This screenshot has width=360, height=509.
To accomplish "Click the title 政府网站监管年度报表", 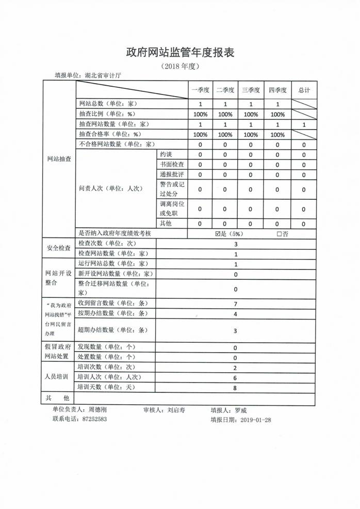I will [x=180, y=52].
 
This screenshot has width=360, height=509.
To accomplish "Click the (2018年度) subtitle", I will [x=180, y=67].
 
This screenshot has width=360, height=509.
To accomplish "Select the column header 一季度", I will [x=200, y=90].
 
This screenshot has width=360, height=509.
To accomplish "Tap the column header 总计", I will [x=304, y=90].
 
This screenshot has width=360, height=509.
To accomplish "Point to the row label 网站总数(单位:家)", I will [x=107, y=104].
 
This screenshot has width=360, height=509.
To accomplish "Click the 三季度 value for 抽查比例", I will [x=251, y=114].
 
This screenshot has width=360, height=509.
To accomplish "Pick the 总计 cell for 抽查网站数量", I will [x=304, y=124].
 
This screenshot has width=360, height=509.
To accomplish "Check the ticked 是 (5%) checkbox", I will [x=218, y=233].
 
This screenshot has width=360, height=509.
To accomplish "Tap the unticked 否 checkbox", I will [x=279, y=233].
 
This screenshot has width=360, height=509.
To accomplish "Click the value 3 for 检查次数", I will [x=235, y=244].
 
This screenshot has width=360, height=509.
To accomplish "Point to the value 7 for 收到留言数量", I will [x=235, y=304].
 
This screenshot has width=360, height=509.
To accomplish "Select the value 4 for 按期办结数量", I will [x=235, y=314].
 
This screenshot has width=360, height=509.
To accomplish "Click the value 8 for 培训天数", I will [x=235, y=388].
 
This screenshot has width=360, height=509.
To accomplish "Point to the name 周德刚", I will [x=98, y=409].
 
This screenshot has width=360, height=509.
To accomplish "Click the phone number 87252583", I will [x=94, y=419].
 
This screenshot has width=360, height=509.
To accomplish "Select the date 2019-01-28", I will [x=255, y=420].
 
